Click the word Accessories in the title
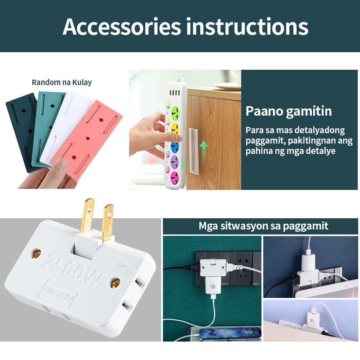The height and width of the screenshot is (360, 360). (121, 27)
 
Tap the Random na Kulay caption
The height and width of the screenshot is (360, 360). (62, 82)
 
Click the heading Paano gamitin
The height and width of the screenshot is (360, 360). (288, 111)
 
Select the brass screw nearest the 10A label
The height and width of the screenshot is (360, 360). (113, 283)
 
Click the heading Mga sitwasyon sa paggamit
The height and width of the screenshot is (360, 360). (263, 226)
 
